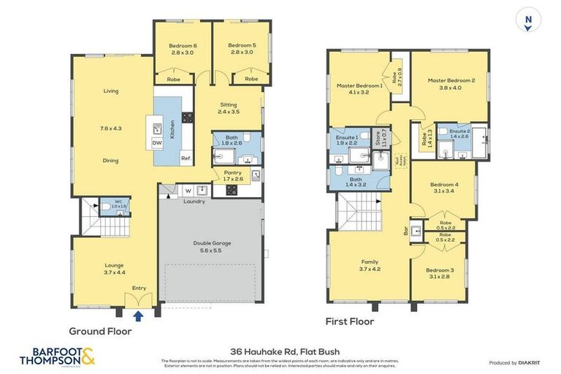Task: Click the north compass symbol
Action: tap(527, 19)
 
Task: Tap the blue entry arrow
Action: tap(137, 316)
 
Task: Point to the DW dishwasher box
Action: tap(157, 143)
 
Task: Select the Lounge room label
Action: tap(113, 265)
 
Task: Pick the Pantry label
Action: tap(221, 172)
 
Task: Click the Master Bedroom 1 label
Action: tap(359, 85)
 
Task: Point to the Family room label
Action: tap(370, 262)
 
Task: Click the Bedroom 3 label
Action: tap(441, 270)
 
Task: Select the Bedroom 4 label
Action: tap(443, 185)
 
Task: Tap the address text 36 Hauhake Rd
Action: tap(280, 351)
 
